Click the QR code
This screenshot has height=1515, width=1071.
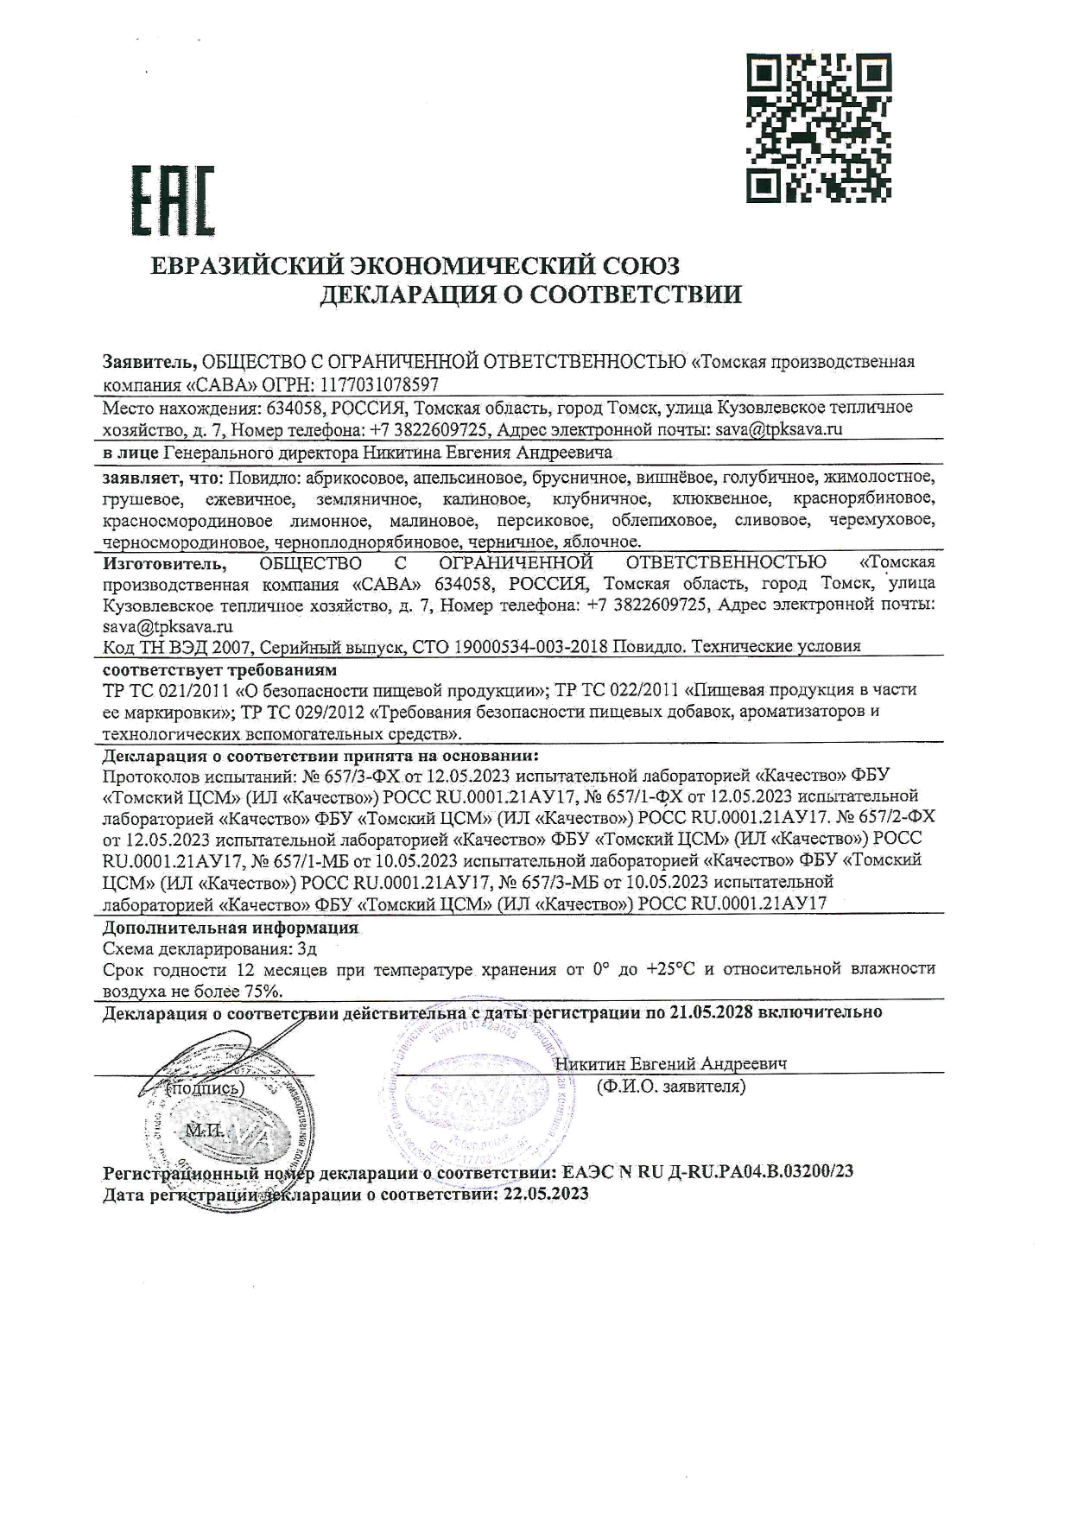click(x=818, y=127)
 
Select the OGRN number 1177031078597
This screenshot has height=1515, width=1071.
click(x=380, y=384)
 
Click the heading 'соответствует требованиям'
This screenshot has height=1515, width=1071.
click(x=220, y=669)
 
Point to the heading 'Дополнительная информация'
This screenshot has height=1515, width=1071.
click(x=230, y=928)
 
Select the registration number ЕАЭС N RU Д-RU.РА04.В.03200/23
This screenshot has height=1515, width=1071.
click(x=707, y=1172)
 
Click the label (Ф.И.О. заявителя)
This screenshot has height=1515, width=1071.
click(x=670, y=1087)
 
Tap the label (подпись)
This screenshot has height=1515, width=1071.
click(x=205, y=1089)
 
